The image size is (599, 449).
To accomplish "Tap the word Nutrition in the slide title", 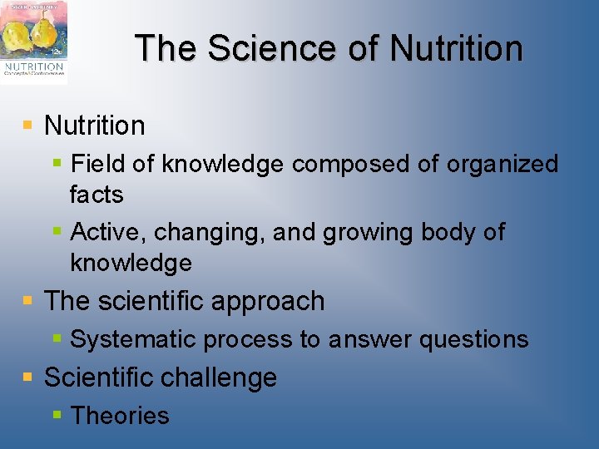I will pos(456,48).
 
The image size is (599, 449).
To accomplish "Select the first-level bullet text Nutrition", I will pos(94,126).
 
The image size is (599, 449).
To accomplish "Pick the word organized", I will pos(502,164).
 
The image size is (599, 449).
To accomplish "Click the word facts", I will pos(97,195).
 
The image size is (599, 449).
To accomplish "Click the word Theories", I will pos(120,416).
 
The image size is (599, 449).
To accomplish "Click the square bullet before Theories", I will pos(57,414).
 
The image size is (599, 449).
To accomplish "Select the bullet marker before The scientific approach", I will pos(28,299).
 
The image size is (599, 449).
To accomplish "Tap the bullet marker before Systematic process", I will pos(57,338).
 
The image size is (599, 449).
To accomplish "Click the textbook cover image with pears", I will pos(34,42).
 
